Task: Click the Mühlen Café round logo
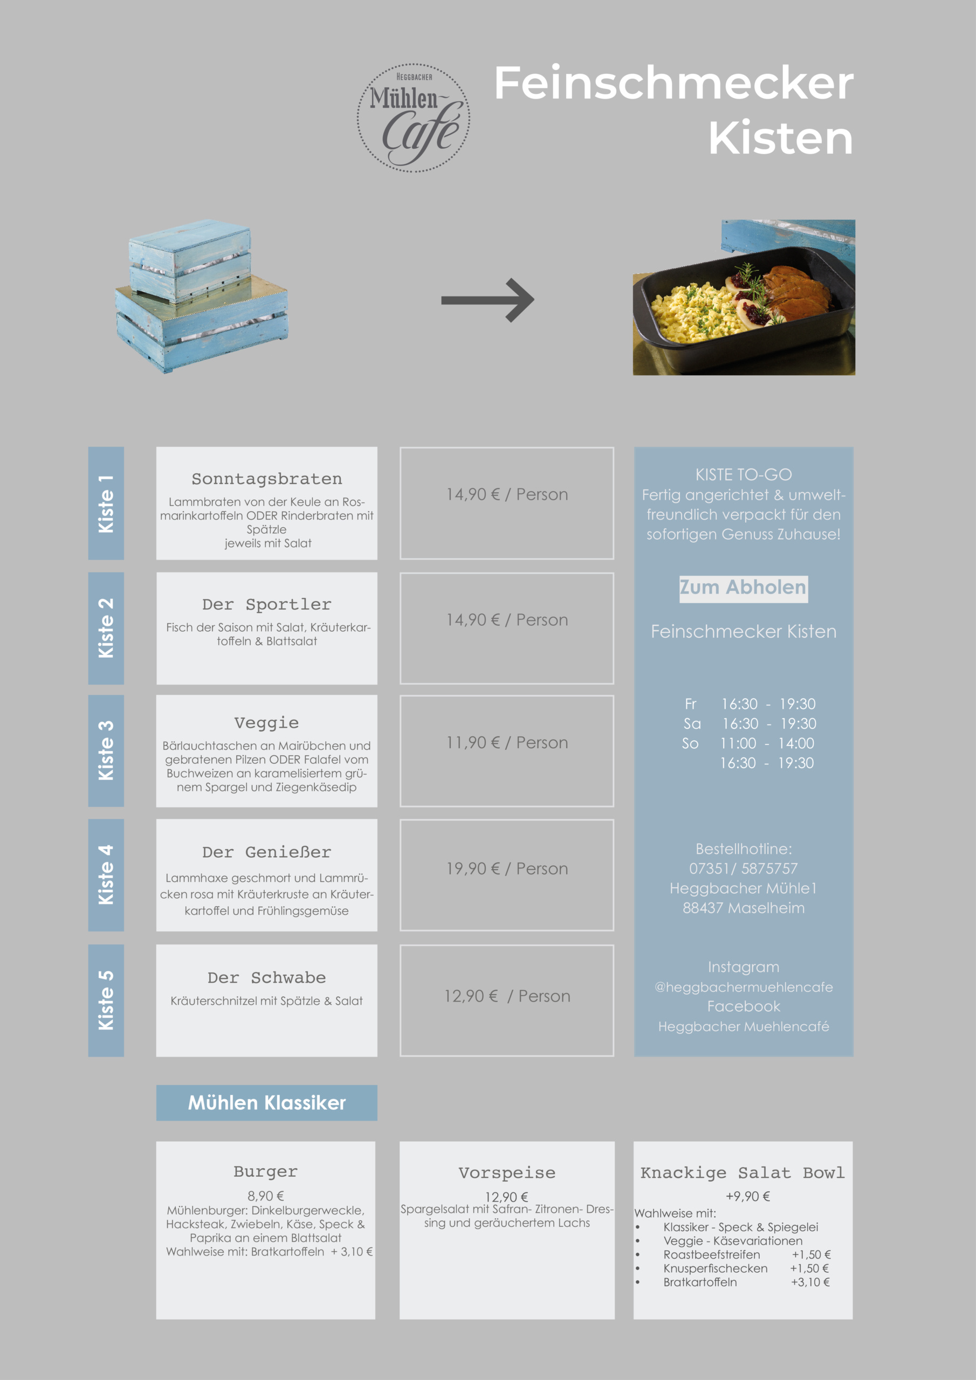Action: (x=414, y=118)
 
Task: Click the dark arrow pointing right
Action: (x=487, y=300)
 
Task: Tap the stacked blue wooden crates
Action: (x=202, y=296)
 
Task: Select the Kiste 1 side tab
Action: (x=106, y=503)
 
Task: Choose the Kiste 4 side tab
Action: (x=106, y=874)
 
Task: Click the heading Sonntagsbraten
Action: (x=266, y=479)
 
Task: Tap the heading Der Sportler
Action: (x=266, y=605)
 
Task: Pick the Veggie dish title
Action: (x=266, y=722)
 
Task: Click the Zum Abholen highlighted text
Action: (x=743, y=587)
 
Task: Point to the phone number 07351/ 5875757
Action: (x=743, y=868)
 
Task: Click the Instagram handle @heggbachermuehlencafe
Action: (x=743, y=987)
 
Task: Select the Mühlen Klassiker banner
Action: (x=266, y=1102)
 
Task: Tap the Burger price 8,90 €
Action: (x=266, y=1196)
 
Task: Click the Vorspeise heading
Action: (x=507, y=1172)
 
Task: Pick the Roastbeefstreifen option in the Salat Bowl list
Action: (x=711, y=1254)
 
